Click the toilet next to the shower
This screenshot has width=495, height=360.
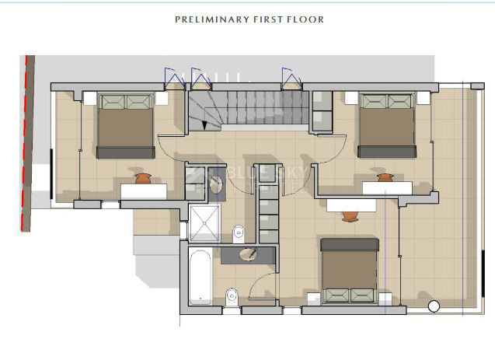(239, 231)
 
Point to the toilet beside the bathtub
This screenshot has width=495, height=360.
(230, 295)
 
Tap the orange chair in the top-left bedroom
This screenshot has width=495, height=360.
(142, 179)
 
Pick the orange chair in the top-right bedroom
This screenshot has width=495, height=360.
(385, 178)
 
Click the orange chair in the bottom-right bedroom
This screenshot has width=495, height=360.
(350, 213)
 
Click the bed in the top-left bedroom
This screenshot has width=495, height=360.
(125, 124)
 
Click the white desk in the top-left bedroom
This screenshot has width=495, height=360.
(143, 190)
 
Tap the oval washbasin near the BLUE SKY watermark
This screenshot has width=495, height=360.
(216, 184)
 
